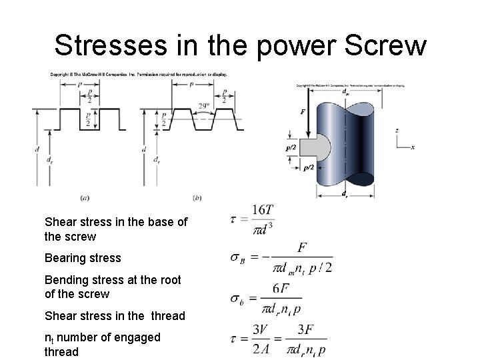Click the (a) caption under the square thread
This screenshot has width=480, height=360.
tap(85, 197)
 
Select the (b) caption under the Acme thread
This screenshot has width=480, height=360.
tap(197, 197)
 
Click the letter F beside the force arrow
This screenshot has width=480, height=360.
tap(303, 112)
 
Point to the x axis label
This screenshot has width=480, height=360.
tap(413, 147)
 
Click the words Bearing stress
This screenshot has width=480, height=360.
tap(83, 258)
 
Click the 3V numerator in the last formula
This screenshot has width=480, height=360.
tap(261, 330)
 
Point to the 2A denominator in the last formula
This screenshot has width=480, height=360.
tap(261, 349)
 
